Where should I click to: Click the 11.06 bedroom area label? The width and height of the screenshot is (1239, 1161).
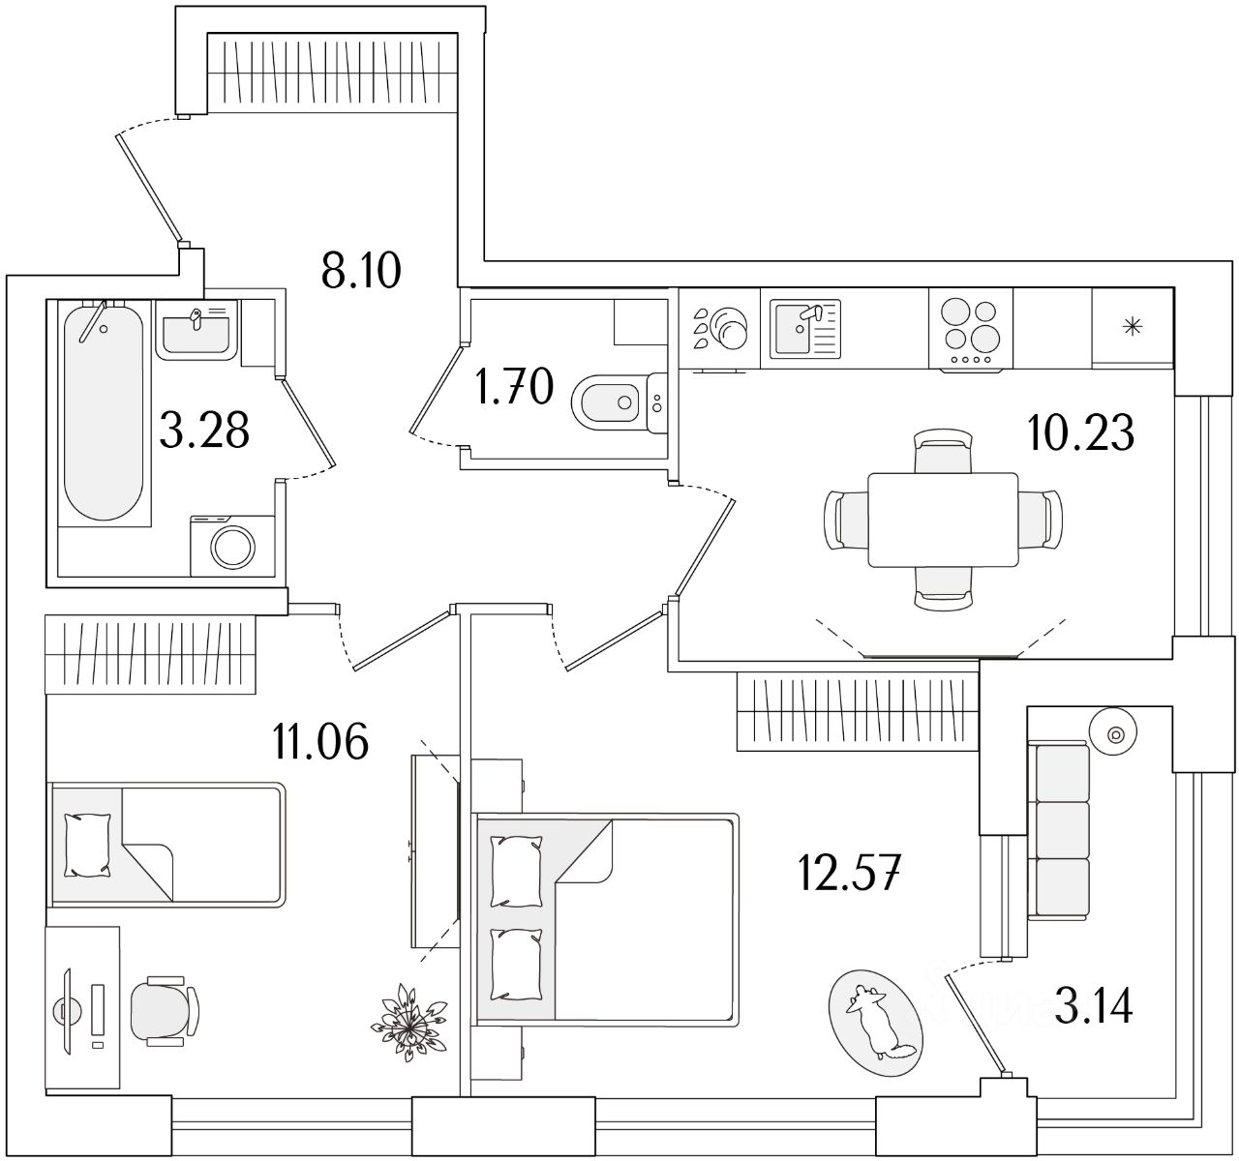[321, 743]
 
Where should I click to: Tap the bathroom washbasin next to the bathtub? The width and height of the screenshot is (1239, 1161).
[196, 330]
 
